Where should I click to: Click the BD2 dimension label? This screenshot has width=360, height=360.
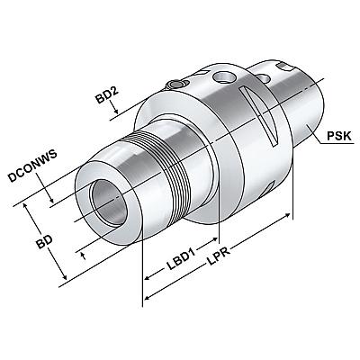click(107, 95)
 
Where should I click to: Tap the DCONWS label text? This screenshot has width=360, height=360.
click(32, 166)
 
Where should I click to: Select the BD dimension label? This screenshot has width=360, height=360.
click(45, 239)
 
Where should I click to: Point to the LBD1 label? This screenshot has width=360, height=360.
click(181, 258)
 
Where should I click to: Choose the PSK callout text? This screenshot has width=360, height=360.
click(338, 136)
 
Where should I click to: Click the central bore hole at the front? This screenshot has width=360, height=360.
click(109, 202)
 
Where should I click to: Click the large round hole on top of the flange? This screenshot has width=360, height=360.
click(223, 76)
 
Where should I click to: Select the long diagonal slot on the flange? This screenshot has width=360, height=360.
click(258, 116)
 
